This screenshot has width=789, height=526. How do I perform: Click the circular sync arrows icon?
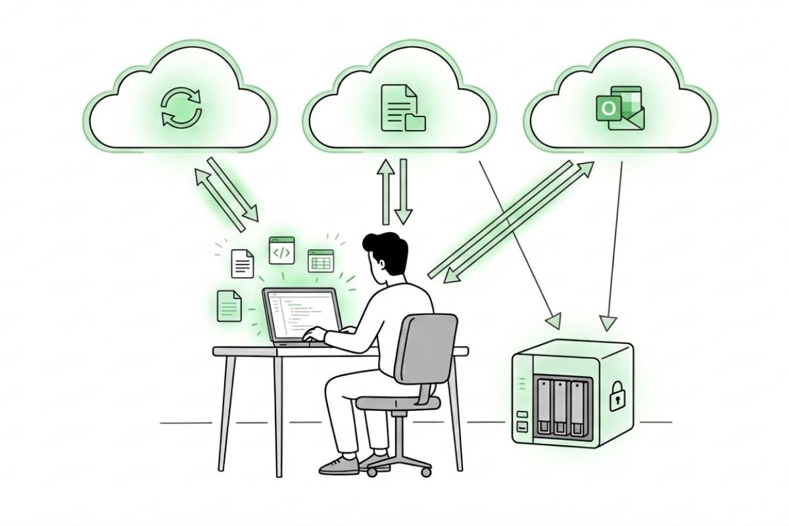182,108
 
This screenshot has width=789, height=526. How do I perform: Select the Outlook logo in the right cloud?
620,110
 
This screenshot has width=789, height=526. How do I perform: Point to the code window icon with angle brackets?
281,251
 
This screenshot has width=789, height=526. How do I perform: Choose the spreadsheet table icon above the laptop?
321,260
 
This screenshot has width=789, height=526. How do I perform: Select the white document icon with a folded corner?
243,263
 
